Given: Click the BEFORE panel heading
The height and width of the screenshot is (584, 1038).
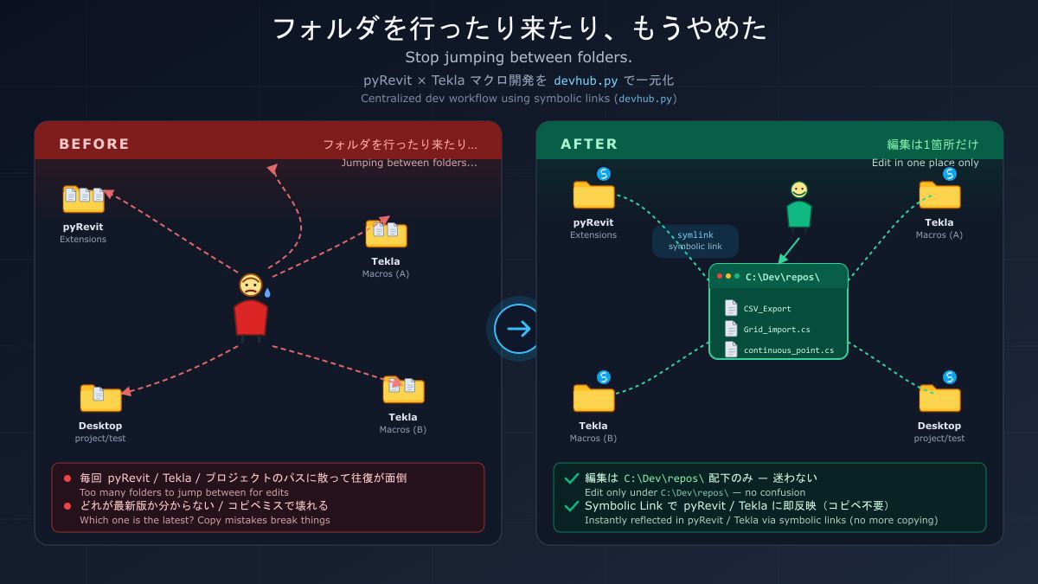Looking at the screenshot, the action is [94, 144].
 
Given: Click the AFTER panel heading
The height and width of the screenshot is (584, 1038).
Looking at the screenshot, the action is [589, 144].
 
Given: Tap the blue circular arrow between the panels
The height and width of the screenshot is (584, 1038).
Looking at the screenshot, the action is [518, 329].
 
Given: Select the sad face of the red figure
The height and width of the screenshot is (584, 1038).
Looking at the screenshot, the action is [251, 285].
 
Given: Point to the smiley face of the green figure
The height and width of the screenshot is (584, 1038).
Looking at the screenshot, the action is [799, 190].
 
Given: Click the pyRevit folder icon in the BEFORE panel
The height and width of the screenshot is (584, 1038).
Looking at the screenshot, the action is [83, 199].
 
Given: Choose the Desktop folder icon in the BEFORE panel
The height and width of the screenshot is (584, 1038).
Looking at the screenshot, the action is [100, 398].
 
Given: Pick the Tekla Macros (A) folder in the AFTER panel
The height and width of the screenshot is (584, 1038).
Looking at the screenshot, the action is [939, 196].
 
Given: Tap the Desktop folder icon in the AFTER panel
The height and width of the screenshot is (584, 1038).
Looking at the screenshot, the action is [939, 398].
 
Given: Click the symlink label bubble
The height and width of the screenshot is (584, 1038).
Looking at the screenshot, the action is [695, 241].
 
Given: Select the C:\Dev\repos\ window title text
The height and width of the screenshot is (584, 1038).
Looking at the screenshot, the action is [782, 277].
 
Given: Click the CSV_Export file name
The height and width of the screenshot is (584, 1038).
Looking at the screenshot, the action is [767, 309].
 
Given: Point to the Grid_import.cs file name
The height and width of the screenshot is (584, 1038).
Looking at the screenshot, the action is [777, 330].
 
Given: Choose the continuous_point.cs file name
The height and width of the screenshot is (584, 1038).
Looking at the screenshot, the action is [789, 350].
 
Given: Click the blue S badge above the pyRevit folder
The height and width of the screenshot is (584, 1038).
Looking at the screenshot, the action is [604, 174].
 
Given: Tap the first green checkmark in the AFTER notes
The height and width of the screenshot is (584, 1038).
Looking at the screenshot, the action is [572, 478].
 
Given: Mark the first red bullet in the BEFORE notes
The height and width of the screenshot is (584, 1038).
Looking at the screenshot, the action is [67, 478].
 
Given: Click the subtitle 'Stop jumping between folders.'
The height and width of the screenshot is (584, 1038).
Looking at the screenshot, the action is [518, 57].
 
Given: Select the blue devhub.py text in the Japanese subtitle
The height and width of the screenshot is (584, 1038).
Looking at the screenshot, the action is [586, 80].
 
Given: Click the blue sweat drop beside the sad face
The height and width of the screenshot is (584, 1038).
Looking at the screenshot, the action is [267, 292].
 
